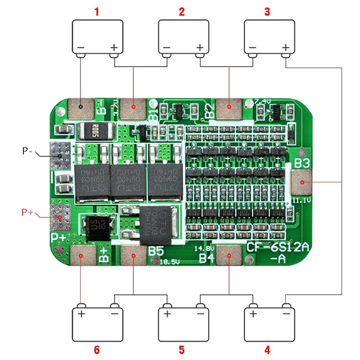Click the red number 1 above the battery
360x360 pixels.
97,11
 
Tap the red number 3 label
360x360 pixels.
267,11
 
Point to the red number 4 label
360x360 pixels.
267,349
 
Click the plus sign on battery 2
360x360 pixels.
199,47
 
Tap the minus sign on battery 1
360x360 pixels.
81,47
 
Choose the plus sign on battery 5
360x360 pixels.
167,313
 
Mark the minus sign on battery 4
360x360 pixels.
286,313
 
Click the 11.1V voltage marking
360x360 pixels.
302,199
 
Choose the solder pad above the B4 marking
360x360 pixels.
229,255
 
